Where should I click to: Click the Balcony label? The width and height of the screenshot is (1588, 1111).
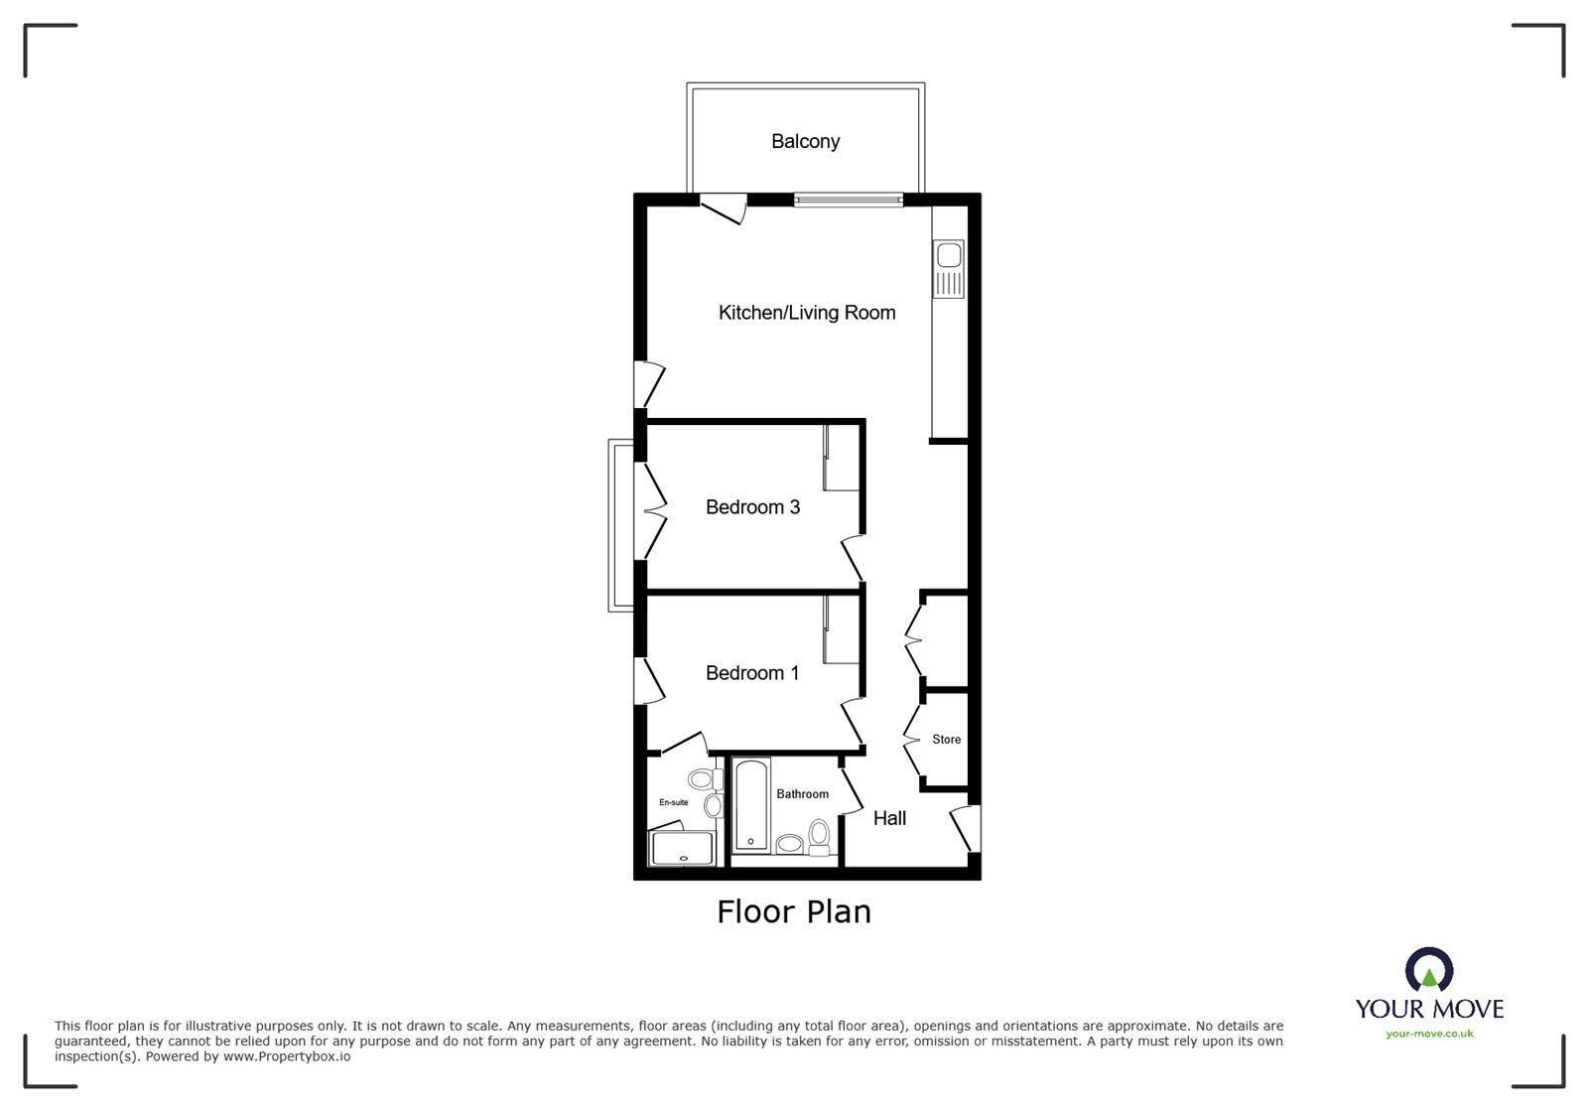[x=805, y=142]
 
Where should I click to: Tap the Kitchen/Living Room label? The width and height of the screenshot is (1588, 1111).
[x=807, y=313]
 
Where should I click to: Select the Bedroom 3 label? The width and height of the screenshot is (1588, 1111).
[x=752, y=507]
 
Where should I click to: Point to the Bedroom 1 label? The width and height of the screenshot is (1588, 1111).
[x=752, y=673]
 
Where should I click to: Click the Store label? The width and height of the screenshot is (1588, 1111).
[x=946, y=740]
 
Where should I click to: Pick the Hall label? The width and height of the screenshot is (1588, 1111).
[x=889, y=819]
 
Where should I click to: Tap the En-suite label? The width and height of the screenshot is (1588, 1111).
[x=673, y=802]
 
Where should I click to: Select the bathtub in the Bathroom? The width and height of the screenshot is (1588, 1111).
[x=749, y=804]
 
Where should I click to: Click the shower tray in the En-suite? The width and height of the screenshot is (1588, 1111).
[x=682, y=849]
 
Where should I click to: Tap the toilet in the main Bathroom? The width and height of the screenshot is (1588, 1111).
[x=820, y=837]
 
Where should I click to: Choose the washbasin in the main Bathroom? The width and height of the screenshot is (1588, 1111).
[x=789, y=844]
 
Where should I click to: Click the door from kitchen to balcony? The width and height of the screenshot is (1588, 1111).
[x=723, y=208]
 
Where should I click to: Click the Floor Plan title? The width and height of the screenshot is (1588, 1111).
[x=794, y=911]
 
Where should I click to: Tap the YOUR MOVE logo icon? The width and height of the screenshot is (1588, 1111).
[x=1429, y=971]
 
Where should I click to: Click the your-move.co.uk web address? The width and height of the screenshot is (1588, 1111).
[x=1429, y=1035]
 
